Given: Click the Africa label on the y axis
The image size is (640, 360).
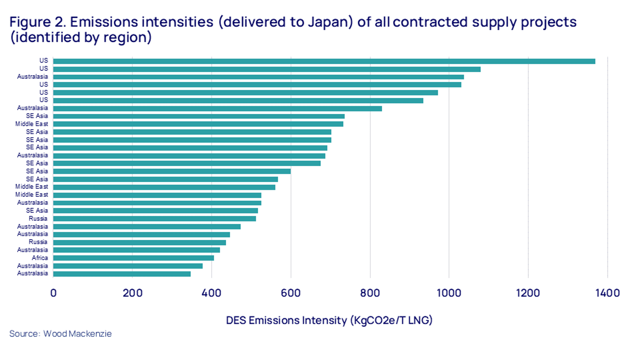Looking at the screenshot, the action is [x=39, y=258].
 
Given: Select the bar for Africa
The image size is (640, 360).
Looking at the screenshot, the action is [x=133, y=258].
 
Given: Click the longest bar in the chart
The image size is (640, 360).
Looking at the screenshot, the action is [x=324, y=61].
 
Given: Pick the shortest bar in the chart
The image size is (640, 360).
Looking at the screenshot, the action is [x=122, y=274].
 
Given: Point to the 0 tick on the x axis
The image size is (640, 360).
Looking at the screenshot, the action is [x=53, y=293].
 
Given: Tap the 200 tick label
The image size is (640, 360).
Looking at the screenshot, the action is [x=133, y=293].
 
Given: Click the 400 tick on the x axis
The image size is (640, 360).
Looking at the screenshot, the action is [x=212, y=293].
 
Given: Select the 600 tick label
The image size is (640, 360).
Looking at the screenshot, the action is [x=291, y=293].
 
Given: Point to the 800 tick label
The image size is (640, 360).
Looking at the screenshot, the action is [x=370, y=293].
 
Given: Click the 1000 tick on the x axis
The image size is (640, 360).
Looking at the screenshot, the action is [x=449, y=293].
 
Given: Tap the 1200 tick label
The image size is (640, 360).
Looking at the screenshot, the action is [x=528, y=293].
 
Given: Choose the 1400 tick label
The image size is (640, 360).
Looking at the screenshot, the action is [x=608, y=293].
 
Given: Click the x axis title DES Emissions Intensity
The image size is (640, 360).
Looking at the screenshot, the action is [x=329, y=320].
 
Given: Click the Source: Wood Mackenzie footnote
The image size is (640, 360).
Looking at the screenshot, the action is [x=60, y=334].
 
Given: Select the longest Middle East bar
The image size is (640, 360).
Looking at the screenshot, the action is [x=198, y=124].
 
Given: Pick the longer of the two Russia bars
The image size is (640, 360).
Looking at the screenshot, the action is [x=155, y=219].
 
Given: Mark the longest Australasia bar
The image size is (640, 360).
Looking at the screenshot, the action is [x=258, y=77].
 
